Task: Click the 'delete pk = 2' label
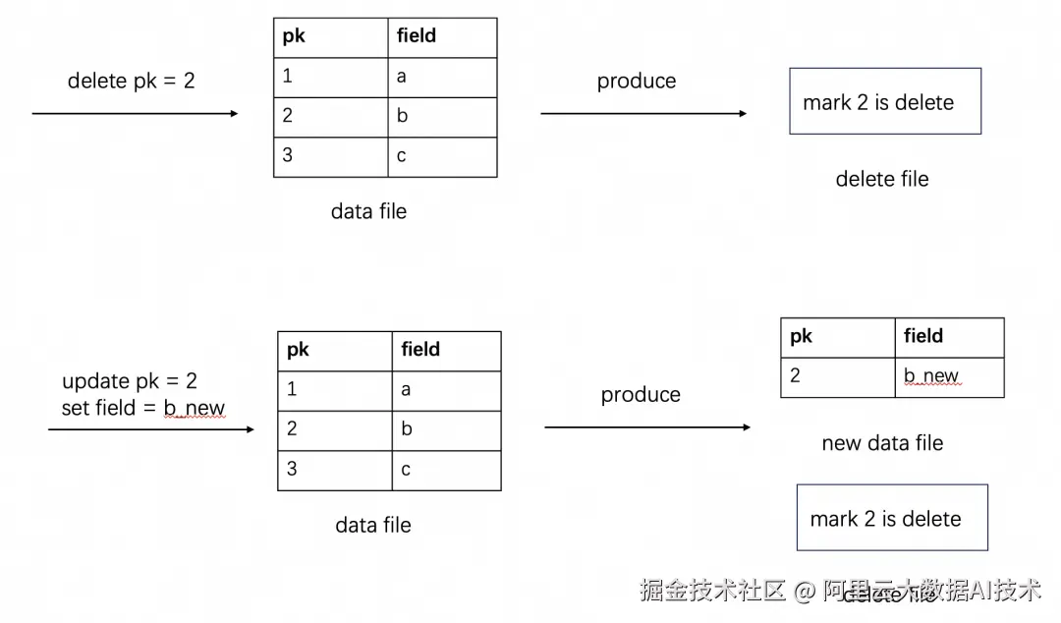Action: click(x=131, y=81)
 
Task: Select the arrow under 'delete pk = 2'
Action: click(x=135, y=114)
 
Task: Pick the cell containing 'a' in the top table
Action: click(x=441, y=77)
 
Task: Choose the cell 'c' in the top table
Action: click(x=441, y=156)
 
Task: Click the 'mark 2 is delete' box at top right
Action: click(x=884, y=101)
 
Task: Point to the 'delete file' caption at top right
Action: click(x=881, y=179)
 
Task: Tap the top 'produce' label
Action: click(x=636, y=81)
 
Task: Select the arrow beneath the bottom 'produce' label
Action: click(x=646, y=427)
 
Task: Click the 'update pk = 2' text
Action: click(x=130, y=381)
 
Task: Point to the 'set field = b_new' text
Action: click(x=142, y=408)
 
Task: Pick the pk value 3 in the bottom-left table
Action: click(x=334, y=470)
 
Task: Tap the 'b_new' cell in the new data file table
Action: click(x=948, y=376)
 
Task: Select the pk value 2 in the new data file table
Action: click(x=837, y=376)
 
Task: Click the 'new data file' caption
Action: click(x=881, y=443)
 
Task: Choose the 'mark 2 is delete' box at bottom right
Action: click(x=891, y=518)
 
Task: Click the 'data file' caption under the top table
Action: click(x=368, y=211)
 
